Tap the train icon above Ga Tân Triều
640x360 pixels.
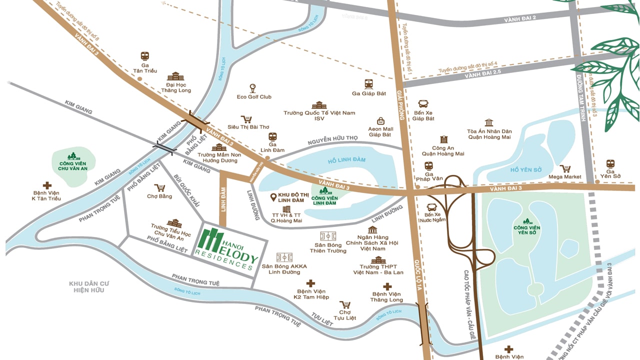(x=145, y=56)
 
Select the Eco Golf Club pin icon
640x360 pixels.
(x=253, y=88)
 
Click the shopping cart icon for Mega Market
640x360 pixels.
(x=565, y=168)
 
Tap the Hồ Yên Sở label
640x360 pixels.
(x=525, y=170)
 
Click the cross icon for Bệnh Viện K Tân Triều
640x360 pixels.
(x=47, y=185)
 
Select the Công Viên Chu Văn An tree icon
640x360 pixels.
(x=73, y=156)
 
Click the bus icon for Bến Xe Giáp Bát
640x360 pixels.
(x=423, y=104)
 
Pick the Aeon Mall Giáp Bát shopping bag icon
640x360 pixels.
(x=380, y=120)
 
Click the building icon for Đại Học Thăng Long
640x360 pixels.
(x=175, y=76)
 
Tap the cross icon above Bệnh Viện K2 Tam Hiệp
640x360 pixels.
(x=311, y=283)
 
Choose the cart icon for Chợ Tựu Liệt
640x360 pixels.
(x=344, y=304)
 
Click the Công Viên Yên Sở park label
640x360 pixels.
(x=527, y=230)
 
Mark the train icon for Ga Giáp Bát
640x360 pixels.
(x=369, y=84)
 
